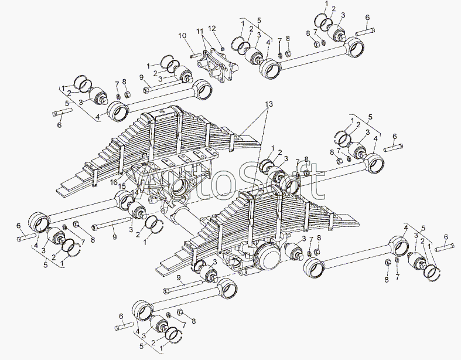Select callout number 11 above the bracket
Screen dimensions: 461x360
tap(200, 30)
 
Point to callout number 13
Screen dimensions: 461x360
tap(269, 104)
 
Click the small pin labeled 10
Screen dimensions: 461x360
tap(195, 56)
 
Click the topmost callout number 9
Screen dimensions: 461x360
tap(141, 77)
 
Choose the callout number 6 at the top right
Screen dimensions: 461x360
tap(367, 18)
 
